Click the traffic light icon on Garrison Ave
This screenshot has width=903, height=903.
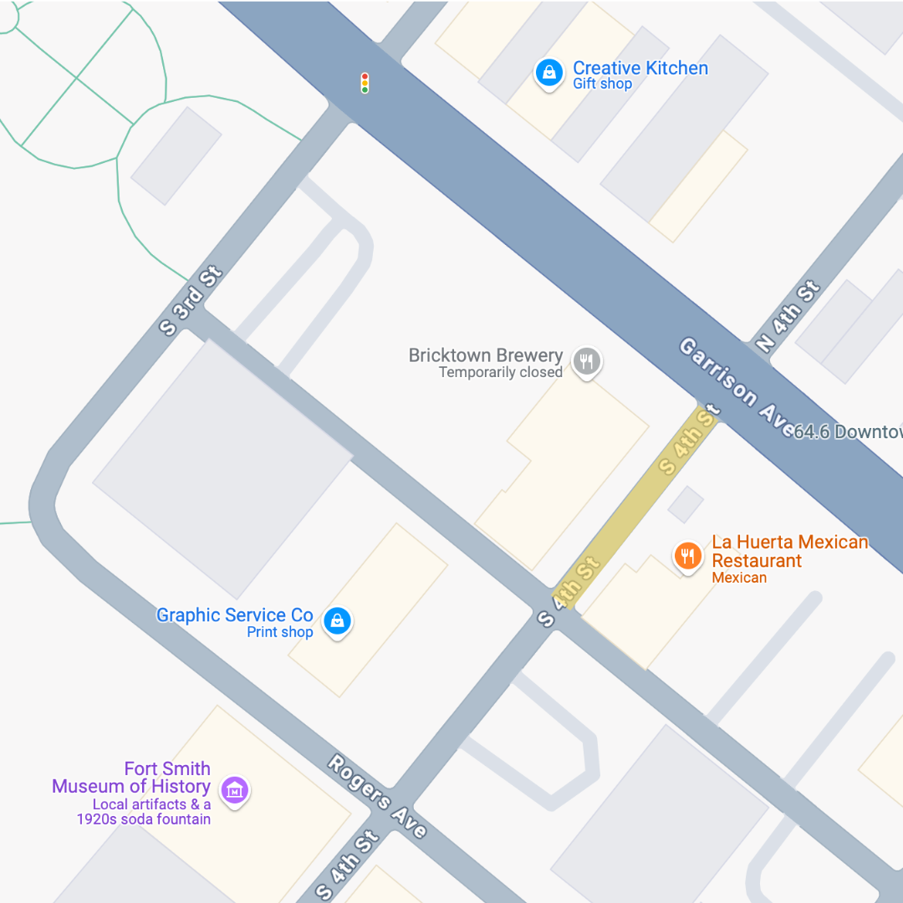tap(365, 83)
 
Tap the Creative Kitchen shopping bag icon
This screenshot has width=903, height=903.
tap(548, 73)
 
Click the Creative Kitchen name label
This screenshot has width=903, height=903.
tap(640, 69)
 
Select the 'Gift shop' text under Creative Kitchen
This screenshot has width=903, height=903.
tap(602, 84)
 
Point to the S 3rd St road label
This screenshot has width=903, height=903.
tap(191, 301)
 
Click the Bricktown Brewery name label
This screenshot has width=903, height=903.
tap(485, 355)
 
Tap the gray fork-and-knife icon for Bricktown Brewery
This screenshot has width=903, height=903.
tap(587, 362)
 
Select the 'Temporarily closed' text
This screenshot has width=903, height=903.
tap(500, 373)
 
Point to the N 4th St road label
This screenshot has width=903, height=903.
tap(787, 317)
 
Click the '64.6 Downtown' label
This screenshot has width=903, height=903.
tap(847, 431)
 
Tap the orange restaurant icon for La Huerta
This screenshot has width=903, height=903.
tap(687, 556)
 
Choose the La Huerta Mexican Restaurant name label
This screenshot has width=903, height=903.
tap(789, 552)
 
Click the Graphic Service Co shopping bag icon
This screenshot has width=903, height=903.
tap(337, 621)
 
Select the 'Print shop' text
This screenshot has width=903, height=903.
tap(279, 632)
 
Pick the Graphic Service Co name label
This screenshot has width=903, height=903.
tap(234, 615)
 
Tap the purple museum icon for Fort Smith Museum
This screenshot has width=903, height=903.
tap(235, 789)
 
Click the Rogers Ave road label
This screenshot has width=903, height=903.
tap(377, 796)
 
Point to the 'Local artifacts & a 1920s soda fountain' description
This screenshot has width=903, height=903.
tap(144, 812)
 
